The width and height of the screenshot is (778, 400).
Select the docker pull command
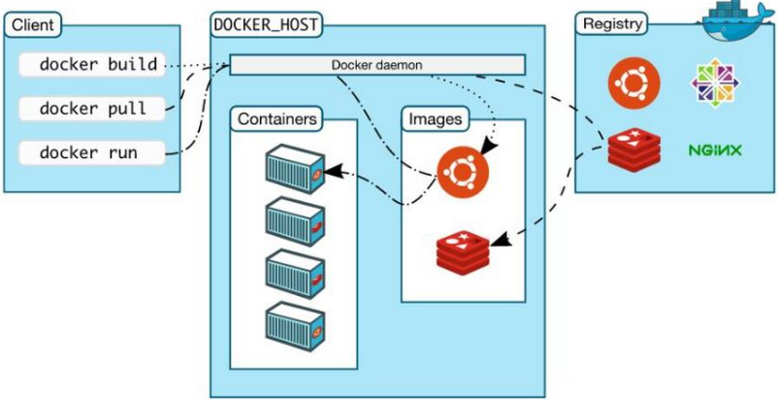[92, 108]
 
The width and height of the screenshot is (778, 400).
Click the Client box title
[33, 24]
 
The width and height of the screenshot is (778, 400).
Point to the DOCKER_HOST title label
[266, 25]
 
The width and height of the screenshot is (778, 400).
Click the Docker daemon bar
[377, 65]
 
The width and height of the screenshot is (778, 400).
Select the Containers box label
[276, 119]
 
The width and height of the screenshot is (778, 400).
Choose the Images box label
[436, 119]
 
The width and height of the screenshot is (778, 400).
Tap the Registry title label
[612, 23]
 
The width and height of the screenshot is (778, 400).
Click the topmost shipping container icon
[295, 169]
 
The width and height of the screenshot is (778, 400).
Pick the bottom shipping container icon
[295, 327]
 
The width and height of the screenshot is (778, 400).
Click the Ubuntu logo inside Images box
[463, 172]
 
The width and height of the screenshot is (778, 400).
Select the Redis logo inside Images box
[463, 252]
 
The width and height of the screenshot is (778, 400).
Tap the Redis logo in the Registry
[634, 149]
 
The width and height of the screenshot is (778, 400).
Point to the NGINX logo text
[715, 150]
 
